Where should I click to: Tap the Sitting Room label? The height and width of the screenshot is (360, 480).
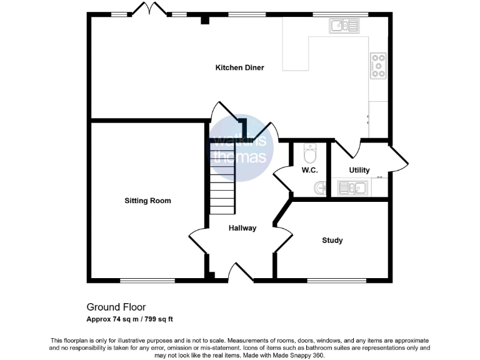[x=147, y=201]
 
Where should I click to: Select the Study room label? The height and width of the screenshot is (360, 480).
[x=332, y=240]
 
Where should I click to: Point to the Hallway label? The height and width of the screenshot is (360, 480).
[x=242, y=228]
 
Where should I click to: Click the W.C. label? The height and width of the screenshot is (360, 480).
[x=310, y=170]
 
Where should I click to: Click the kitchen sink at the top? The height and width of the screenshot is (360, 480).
[x=344, y=26]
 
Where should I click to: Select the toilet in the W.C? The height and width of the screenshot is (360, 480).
[x=310, y=152]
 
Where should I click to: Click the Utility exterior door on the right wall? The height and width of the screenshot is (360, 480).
[x=400, y=160]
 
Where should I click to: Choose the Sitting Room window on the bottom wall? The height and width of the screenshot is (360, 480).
[x=139, y=279]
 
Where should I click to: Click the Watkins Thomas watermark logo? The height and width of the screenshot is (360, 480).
[x=241, y=150]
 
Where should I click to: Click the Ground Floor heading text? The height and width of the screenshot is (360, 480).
[x=116, y=307]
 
